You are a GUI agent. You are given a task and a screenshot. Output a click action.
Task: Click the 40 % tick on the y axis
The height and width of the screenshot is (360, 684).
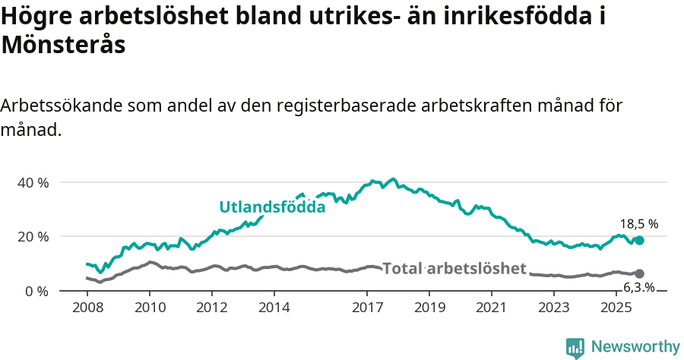coord(32,183)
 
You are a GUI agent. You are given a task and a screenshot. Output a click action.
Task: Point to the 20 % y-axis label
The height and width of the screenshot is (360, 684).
coord(32,237)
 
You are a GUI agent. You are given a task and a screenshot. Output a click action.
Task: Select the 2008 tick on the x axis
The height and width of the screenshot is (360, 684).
coord(87,308)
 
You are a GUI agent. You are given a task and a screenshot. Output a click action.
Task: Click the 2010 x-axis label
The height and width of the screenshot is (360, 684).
coord(150,308)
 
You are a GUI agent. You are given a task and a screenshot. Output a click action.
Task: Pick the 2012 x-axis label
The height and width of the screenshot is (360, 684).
coord(212,308)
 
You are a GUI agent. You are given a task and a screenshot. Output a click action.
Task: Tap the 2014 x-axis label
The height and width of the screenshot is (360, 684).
coord(274,308)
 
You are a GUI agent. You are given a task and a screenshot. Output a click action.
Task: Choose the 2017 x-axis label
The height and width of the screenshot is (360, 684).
coord(367,308)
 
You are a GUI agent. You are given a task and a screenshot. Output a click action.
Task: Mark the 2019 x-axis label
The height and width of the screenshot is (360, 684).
coord(429,308)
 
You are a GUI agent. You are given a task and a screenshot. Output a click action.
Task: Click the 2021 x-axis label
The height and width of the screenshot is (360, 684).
coord(492,308)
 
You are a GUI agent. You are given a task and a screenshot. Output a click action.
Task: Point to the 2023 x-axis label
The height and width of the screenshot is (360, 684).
coord(554,308)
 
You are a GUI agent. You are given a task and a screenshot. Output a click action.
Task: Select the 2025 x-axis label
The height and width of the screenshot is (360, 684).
coord(616,308)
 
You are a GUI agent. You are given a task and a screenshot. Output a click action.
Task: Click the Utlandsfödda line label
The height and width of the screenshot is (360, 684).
coord(272,207)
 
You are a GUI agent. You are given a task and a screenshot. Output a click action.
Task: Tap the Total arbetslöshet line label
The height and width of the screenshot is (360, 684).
coord(454,268)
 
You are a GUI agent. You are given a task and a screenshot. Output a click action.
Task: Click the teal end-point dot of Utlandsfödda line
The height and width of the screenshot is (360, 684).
coord(639,240)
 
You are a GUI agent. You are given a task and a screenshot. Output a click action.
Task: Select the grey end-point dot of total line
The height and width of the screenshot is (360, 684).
coord(639,273)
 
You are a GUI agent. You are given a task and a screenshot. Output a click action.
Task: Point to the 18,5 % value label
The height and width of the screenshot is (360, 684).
coord(638,224)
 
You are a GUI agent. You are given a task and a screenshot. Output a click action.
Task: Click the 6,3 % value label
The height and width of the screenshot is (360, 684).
coord(638,287)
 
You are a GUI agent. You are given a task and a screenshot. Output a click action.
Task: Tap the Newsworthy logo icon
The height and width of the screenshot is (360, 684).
coord(575,348)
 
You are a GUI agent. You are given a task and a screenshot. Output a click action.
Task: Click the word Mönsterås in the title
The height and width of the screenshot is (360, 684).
coord(63,45)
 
